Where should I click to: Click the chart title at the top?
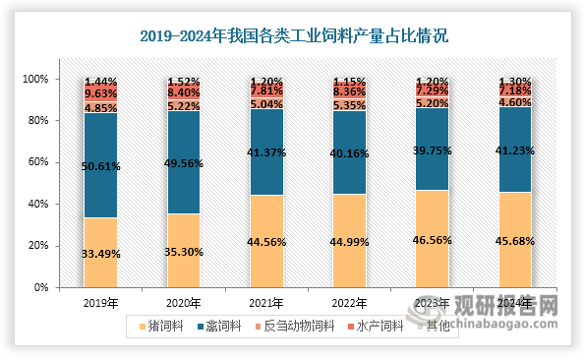pyautogui.click(x=292, y=37)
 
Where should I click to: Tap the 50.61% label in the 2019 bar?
pyautogui.click(x=100, y=166)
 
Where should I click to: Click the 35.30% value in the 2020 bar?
pyautogui.click(x=184, y=251)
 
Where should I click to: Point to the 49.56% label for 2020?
pyautogui.click(x=184, y=166)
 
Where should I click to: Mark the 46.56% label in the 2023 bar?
pyautogui.click(x=434, y=239)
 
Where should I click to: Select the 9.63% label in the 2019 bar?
pyautogui.click(x=100, y=94)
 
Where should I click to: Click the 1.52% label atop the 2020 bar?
pyautogui.click(x=184, y=81)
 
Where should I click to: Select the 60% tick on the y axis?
pyautogui.click(x=33, y=162)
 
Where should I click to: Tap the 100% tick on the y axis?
pyautogui.click(x=31, y=79)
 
